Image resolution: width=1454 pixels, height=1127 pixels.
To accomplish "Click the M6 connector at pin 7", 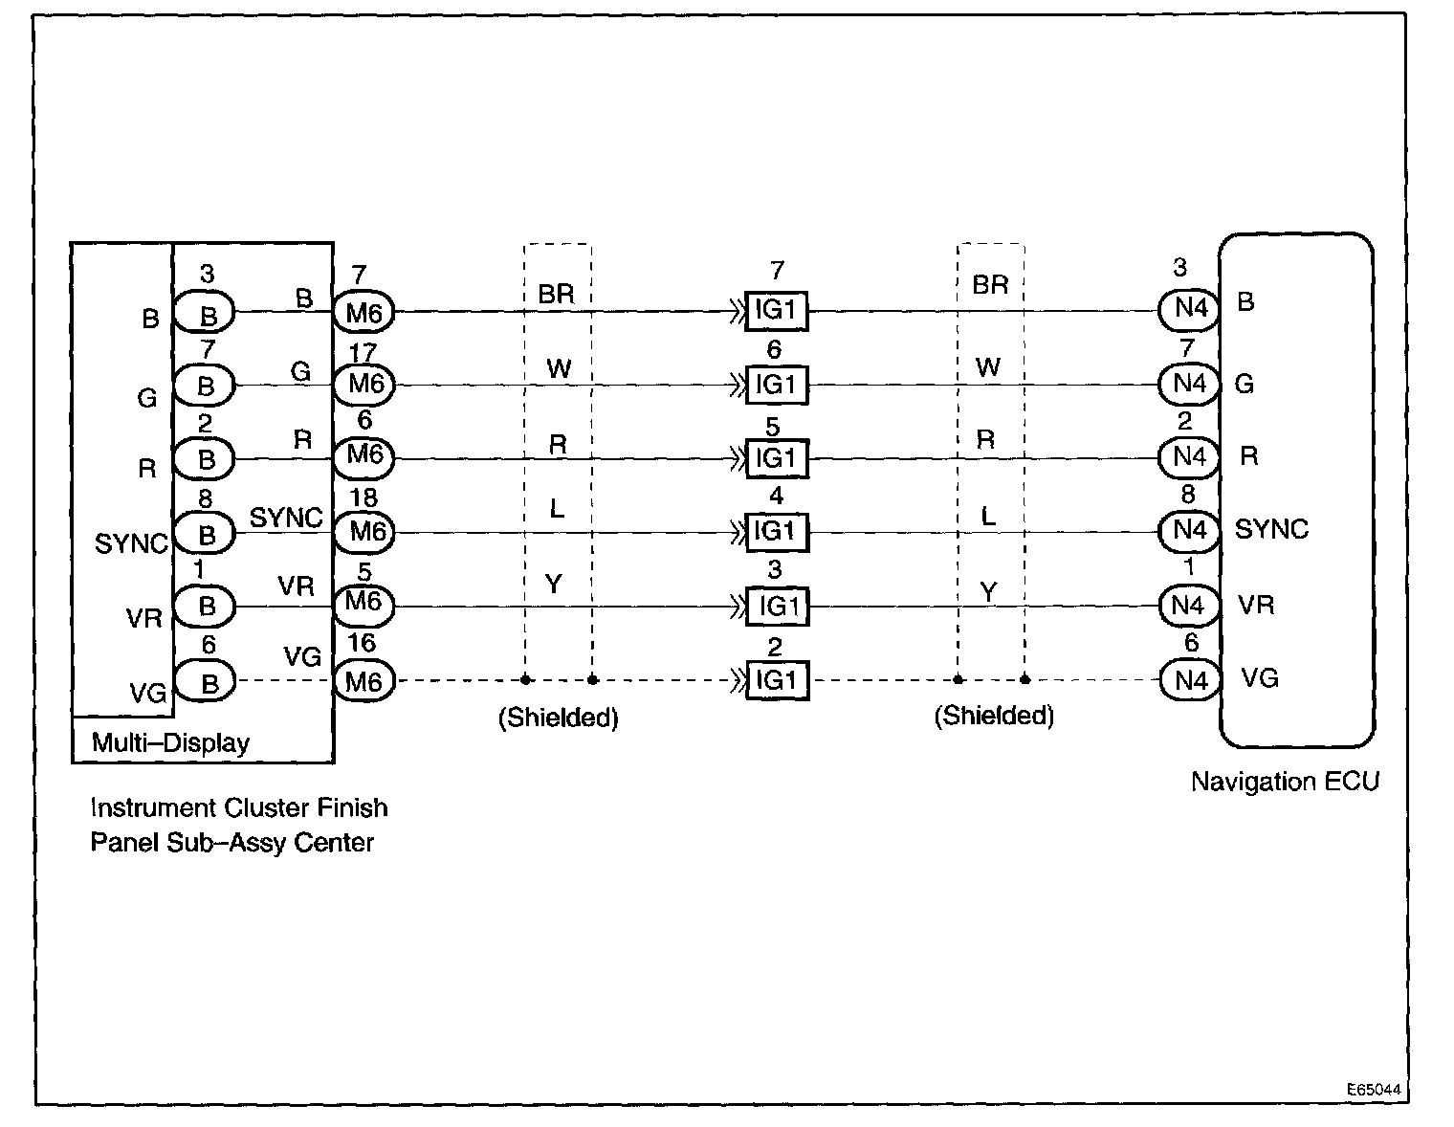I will tap(363, 311).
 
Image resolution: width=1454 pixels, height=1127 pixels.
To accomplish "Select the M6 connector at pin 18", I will tap(363, 532).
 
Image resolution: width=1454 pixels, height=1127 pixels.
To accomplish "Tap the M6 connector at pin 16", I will tap(363, 680).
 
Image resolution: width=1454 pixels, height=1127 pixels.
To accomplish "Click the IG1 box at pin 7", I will tap(777, 311).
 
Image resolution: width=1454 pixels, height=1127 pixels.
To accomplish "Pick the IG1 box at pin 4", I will tap(777, 532).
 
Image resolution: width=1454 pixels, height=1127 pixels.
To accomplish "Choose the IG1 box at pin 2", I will tap(777, 680).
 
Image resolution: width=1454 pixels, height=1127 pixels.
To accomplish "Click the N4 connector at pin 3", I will tap(1189, 309).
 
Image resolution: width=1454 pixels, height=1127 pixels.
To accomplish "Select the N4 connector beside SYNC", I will tap(1189, 531).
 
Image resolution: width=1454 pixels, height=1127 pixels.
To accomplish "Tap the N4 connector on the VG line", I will tap(1189, 680).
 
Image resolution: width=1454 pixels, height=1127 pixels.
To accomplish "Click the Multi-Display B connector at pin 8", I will tap(207, 533).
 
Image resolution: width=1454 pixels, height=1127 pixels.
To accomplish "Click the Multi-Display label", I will tap(170, 743).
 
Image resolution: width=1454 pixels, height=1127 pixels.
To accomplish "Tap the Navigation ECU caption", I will tap(1285, 782).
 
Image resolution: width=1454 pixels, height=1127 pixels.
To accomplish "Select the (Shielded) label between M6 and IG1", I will tap(559, 718).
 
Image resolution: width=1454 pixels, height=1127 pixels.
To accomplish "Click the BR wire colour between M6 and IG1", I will tap(556, 294).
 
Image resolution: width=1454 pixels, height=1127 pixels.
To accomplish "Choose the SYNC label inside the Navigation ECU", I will tap(1271, 529).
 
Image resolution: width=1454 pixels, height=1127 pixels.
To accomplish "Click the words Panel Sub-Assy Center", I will tap(231, 844).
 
